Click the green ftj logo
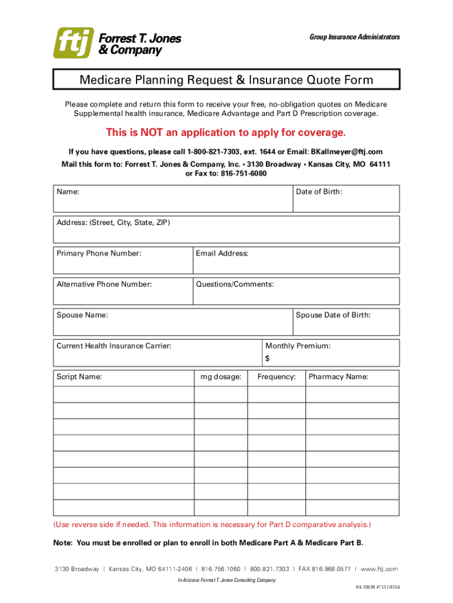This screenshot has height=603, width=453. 73,43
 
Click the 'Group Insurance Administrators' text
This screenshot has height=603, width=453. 354,37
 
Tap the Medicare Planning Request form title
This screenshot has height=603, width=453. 226,79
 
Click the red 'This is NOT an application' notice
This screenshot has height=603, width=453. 226,131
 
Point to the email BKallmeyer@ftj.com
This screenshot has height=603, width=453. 347,151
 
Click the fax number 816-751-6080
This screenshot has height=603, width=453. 244,174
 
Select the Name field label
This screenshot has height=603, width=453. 68,192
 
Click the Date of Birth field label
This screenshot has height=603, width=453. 319,192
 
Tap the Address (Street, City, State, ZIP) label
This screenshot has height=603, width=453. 113,223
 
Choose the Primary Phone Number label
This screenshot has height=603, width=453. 99,254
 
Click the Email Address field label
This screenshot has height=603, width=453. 222,254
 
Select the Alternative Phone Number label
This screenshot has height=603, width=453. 104,284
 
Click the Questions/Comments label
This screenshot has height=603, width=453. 235,284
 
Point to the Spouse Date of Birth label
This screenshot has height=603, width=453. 333,315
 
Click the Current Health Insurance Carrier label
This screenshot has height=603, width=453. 114,346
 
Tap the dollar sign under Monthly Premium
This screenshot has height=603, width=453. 268,359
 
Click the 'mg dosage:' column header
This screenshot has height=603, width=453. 221,377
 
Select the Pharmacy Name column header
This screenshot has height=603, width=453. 338,377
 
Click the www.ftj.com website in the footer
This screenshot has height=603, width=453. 379,569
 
